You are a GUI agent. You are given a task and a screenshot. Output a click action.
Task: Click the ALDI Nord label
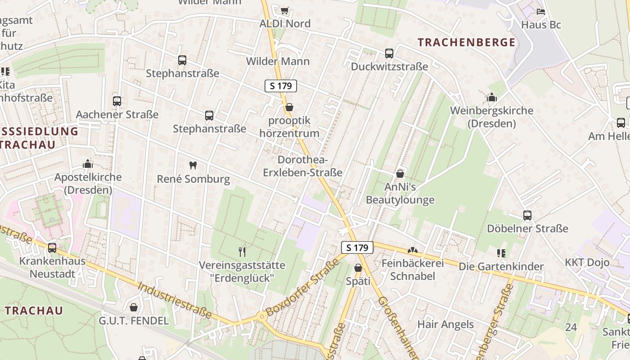[285, 24]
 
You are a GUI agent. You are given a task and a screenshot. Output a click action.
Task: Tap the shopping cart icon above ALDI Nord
[284, 10]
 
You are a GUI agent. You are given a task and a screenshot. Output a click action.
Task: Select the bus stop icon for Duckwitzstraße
[389, 54]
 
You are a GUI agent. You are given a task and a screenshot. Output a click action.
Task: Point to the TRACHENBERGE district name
[466, 43]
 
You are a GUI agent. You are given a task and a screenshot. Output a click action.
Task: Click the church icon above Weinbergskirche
[491, 97]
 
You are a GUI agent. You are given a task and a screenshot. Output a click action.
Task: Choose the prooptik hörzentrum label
[289, 127]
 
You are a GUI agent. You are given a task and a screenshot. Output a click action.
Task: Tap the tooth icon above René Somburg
[193, 165]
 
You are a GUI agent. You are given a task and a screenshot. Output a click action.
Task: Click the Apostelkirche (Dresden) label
[88, 183]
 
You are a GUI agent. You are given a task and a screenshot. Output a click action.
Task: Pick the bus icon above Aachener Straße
[117, 101]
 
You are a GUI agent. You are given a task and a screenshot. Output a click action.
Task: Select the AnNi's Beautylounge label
[400, 193]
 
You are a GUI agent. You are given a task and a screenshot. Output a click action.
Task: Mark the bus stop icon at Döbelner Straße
[527, 216]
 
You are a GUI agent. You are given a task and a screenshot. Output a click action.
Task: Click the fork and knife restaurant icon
[242, 252]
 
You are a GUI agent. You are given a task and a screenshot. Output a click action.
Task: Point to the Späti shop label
[358, 281]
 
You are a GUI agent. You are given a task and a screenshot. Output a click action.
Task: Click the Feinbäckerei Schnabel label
[412, 270]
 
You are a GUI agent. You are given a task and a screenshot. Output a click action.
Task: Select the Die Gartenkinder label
[501, 266]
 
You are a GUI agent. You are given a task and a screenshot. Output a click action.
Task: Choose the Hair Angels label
[445, 324]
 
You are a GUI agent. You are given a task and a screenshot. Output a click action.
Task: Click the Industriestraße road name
[175, 300]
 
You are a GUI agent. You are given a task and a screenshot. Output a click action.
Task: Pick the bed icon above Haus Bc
[541, 11]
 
